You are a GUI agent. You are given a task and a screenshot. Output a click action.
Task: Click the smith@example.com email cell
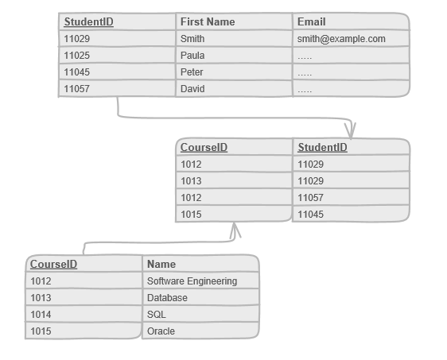pyautogui.click(x=341, y=39)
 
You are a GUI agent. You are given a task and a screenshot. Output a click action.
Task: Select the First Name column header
pyautogui.click(x=208, y=22)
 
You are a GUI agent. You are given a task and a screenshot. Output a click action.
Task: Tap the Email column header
pyautogui.click(x=311, y=22)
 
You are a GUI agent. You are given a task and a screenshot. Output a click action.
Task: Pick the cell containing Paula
pyautogui.click(x=192, y=56)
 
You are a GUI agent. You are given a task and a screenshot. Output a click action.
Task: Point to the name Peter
pyautogui.click(x=192, y=72)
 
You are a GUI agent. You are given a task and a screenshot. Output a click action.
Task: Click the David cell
pyautogui.click(x=192, y=89)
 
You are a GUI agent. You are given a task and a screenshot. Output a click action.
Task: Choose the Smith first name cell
pyautogui.click(x=192, y=39)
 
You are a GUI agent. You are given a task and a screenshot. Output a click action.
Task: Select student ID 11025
pyautogui.click(x=77, y=56)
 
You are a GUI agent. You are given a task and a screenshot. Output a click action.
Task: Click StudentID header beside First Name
pyautogui.click(x=88, y=22)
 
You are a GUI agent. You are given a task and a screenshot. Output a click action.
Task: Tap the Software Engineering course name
pyautogui.click(x=192, y=281)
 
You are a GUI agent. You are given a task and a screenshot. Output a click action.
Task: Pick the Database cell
pyautogui.click(x=167, y=298)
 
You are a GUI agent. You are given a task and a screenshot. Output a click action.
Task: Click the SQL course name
pyautogui.click(x=156, y=315)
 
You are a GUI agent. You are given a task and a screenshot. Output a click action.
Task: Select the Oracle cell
pyautogui.click(x=161, y=331)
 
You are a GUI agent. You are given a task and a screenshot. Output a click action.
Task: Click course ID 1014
pyautogui.click(x=41, y=315)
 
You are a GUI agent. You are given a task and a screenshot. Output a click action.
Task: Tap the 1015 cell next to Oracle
pyautogui.click(x=41, y=331)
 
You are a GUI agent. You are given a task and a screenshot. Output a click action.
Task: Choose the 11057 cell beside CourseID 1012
pyautogui.click(x=311, y=198)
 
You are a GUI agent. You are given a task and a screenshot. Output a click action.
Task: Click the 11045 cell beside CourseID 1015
pyautogui.click(x=311, y=215)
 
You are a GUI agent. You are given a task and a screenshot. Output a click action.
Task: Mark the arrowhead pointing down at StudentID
pyautogui.click(x=351, y=130)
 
